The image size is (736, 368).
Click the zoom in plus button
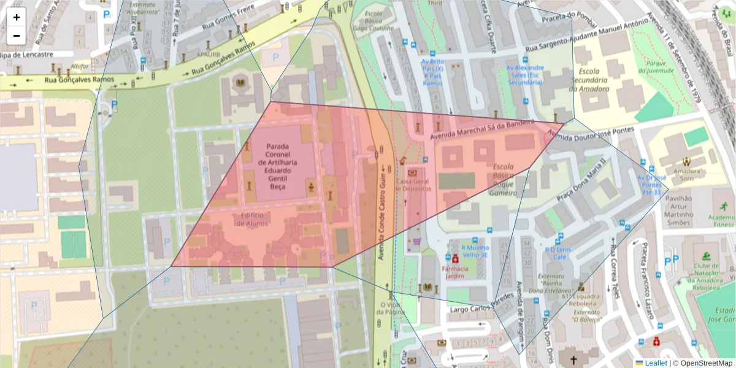[x=17, y=17]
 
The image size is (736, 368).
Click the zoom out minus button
[x=17, y=36]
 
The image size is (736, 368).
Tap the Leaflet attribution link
[x=655, y=363]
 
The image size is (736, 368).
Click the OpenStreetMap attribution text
[x=703, y=363]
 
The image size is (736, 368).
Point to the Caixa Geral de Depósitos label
[x=413, y=185]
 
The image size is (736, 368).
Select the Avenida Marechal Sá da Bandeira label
[x=482, y=130]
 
